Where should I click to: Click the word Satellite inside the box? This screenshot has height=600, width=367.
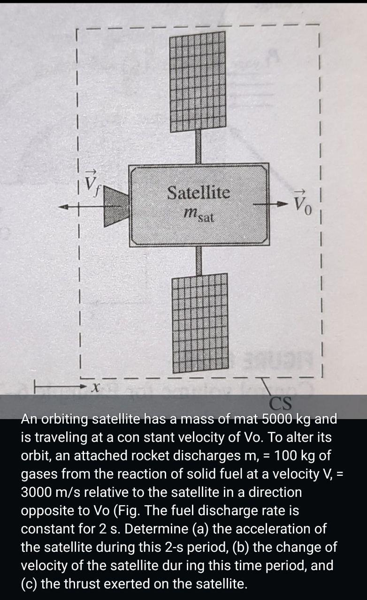199,192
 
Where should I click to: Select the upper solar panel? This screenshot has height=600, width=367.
198,82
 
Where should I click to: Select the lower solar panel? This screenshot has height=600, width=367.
201,323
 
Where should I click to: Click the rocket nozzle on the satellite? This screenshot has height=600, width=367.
115,205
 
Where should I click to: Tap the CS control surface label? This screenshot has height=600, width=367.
281,403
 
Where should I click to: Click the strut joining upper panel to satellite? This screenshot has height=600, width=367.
199,147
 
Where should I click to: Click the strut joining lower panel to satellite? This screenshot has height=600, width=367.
199,260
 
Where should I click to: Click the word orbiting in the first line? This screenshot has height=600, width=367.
65,419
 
